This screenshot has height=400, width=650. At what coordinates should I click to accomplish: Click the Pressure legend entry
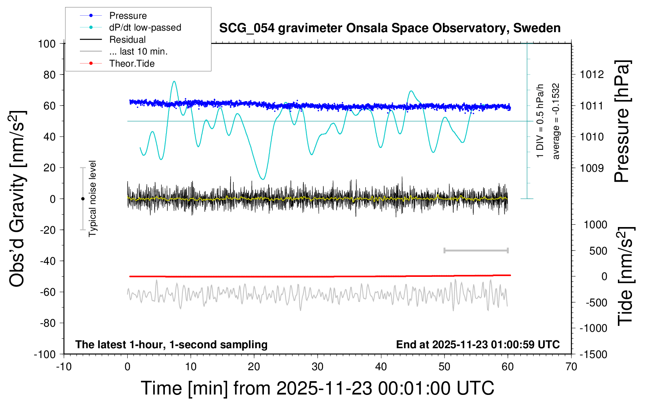coord(128,16)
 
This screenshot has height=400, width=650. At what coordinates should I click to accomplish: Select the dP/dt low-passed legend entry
coord(145,27)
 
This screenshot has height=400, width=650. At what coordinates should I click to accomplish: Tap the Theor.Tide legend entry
coord(132,64)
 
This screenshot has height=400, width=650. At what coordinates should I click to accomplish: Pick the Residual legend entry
coord(127,40)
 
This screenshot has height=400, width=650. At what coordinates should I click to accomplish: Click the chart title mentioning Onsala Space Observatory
coord(390,28)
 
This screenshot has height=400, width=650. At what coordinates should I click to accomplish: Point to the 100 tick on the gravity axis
coord(47,44)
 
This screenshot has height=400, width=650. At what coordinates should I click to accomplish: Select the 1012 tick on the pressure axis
coord(592,75)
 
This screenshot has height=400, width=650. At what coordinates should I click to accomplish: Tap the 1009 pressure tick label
coord(592,168)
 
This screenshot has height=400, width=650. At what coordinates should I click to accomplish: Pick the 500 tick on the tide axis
coord(598,251)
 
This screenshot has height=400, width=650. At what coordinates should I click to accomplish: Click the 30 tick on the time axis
coord(318,367)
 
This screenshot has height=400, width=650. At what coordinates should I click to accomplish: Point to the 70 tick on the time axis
coord(571,367)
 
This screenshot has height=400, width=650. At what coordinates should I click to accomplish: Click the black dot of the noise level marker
coord(83,199)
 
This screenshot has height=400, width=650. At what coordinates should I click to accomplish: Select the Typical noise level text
coord(92,199)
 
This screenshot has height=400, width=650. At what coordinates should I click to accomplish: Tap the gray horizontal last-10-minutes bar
coord(476,251)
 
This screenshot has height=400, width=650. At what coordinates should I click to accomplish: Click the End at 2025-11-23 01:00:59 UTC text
coord(478,345)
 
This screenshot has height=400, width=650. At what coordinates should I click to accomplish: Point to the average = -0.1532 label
coord(556,121)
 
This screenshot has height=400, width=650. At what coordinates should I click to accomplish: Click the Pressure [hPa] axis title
coord(622,121)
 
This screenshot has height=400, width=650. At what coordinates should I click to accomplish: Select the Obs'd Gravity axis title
coord(17,199)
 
